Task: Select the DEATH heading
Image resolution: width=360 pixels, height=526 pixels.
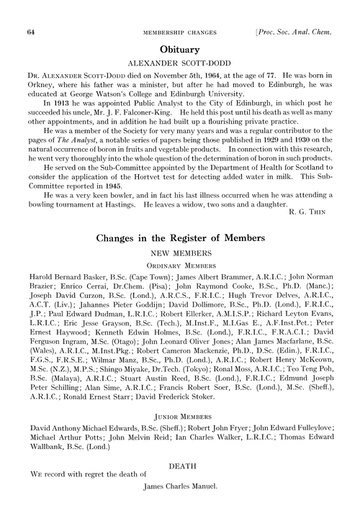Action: (179, 486)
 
